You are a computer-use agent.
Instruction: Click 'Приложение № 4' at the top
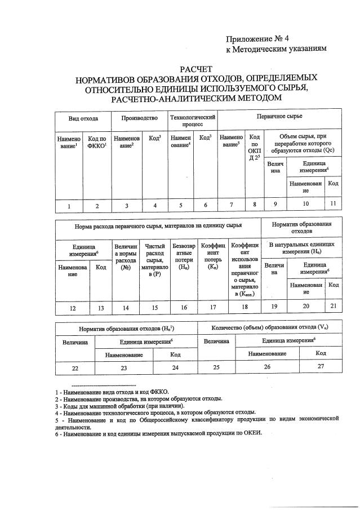pyautogui.click(x=257, y=39)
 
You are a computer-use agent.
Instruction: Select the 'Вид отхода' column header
pyautogui.click(x=83, y=119)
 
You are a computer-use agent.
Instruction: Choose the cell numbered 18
pyautogui.click(x=244, y=307)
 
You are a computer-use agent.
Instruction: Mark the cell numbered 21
pyautogui.click(x=334, y=306)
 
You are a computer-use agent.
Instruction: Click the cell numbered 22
pyautogui.click(x=75, y=367)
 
